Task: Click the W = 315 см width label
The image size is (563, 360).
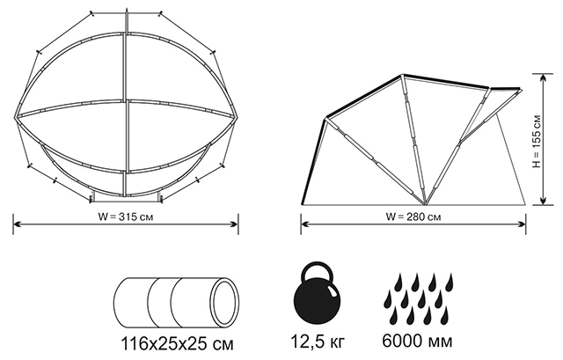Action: coord(126,217)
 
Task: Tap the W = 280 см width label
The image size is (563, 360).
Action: coord(413,217)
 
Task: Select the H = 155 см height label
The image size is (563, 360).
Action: coord(537,141)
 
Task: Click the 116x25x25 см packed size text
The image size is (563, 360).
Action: coord(177,344)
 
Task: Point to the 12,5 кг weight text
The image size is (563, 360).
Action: coord(317,342)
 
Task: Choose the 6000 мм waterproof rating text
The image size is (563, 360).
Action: coord(417,342)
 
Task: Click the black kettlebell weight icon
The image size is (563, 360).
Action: coord(317,296)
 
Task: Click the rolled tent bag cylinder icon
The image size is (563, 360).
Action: coord(176,303)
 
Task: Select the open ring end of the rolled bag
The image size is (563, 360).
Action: coord(225,303)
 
